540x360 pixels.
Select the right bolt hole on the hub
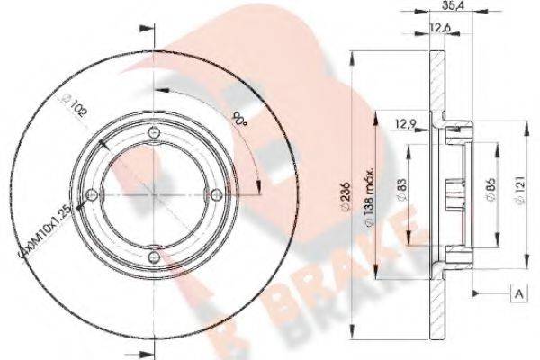tap(212, 194)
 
